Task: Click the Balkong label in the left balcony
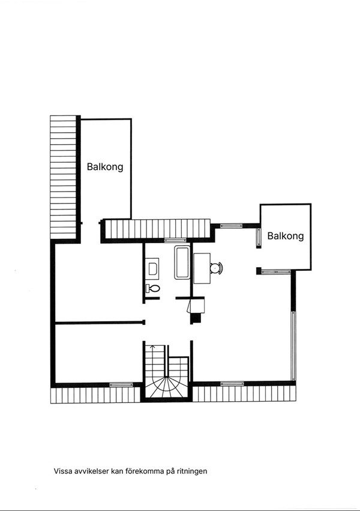click(105, 167)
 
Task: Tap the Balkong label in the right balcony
click(286, 236)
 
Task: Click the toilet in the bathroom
click(153, 289)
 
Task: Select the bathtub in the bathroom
click(182, 262)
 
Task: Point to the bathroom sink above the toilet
click(152, 268)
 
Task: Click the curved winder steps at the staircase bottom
click(166, 387)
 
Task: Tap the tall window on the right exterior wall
click(293, 345)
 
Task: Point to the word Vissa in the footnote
click(63, 471)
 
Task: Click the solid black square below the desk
click(195, 319)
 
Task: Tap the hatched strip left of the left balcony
click(63, 177)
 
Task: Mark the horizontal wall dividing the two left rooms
click(100, 323)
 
